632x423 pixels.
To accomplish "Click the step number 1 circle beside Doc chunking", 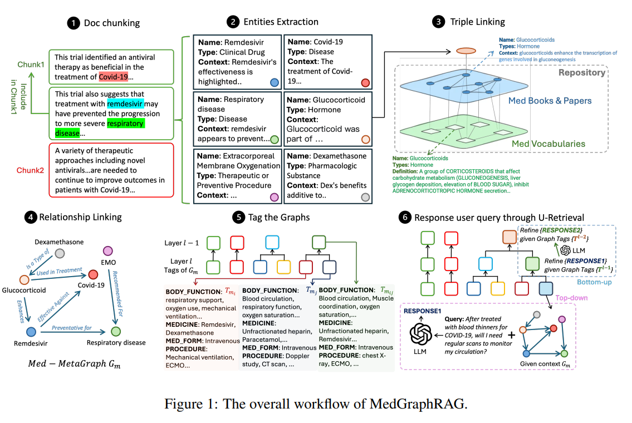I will (x=73, y=23).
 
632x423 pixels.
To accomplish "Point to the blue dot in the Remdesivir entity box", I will (x=274, y=82).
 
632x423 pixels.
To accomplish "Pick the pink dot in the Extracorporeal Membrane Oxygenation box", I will (x=273, y=196).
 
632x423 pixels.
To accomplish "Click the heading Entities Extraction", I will (x=281, y=22).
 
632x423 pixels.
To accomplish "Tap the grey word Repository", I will (x=582, y=72).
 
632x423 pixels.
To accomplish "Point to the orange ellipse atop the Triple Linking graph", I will (x=466, y=51).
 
